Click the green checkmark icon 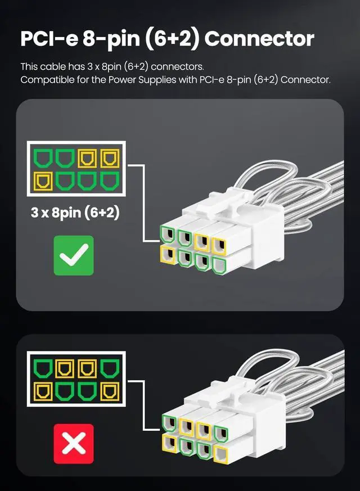(x=74, y=255)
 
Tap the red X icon (x=74, y=443)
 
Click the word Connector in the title (x=259, y=39)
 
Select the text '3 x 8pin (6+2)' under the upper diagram (x=75, y=213)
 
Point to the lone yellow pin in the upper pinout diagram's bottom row (x=43, y=182)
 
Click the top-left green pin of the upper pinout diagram (x=43, y=158)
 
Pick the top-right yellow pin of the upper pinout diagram (x=110, y=158)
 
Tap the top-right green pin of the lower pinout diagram (x=110, y=368)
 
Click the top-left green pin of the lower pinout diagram (x=43, y=368)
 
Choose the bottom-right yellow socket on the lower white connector (x=220, y=453)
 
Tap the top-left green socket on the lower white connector (x=170, y=423)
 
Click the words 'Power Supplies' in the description (x=142, y=80)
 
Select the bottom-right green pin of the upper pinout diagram (x=110, y=182)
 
